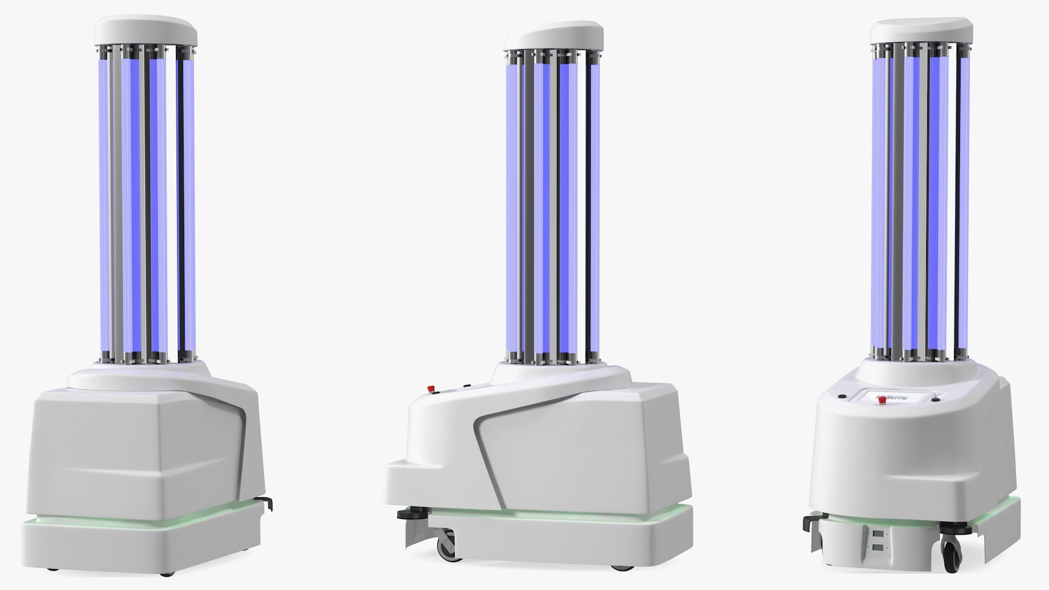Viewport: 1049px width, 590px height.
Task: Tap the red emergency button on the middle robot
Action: click(x=431, y=389)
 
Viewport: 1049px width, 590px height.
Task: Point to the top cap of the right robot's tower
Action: click(x=920, y=31)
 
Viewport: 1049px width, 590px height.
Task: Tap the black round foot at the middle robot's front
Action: click(x=405, y=514)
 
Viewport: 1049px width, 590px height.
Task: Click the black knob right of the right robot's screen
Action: click(x=936, y=400)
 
